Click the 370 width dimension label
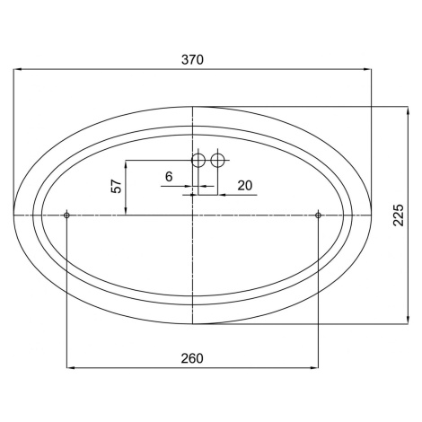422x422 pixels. tap(192, 59)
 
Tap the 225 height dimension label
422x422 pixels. tap(399, 215)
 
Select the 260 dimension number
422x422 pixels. tap(192, 358)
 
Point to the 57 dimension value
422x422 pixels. tap(117, 186)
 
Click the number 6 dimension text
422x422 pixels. tap(169, 177)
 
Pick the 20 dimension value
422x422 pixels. tap(245, 186)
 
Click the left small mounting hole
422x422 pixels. tap(66, 215)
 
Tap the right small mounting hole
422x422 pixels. tap(318, 215)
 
